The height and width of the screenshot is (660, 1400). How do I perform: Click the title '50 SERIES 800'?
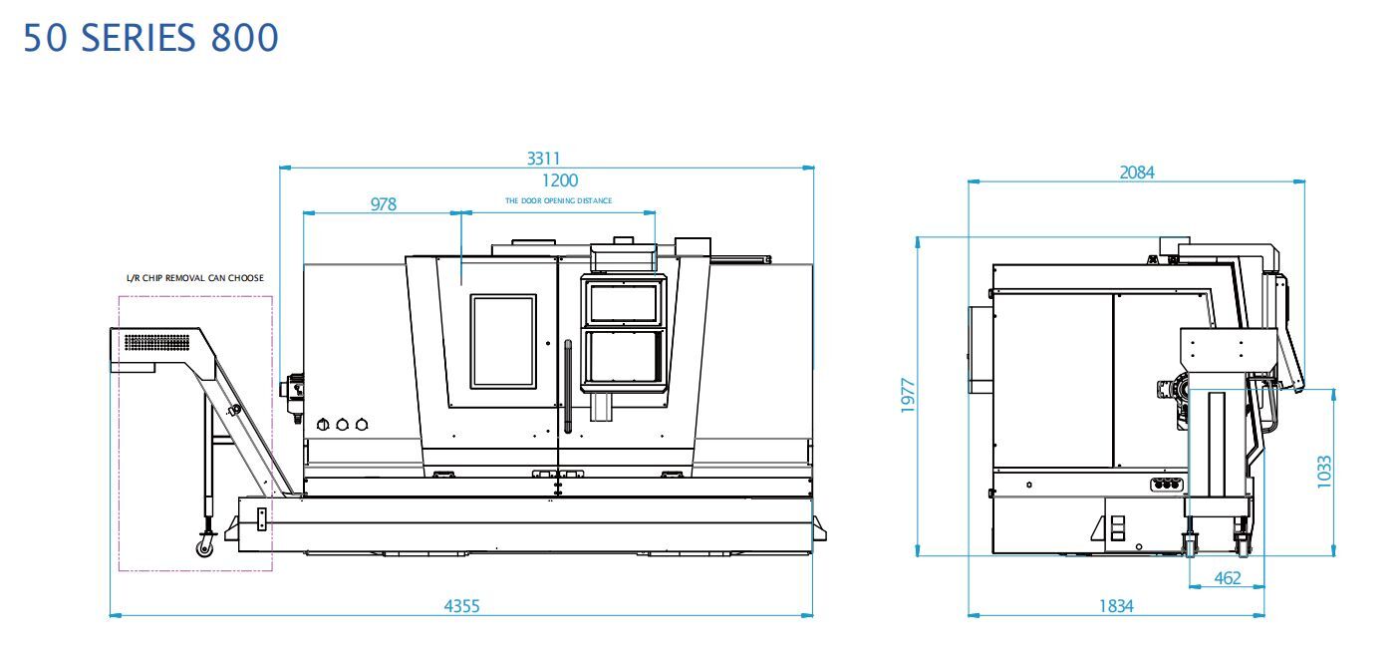(150, 38)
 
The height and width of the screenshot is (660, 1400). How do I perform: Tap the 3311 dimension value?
(543, 159)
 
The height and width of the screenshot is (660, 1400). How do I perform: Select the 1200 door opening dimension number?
(559, 180)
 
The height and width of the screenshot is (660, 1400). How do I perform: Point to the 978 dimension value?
(383, 204)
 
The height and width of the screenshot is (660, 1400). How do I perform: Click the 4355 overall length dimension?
(462, 606)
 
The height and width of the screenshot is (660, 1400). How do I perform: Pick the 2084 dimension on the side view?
(1136, 172)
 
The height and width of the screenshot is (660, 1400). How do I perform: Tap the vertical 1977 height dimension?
(908, 396)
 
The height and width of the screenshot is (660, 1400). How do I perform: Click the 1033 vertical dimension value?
(1323, 472)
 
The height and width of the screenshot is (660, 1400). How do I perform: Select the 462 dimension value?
(1227, 578)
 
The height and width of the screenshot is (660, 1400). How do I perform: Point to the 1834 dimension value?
(1116, 606)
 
